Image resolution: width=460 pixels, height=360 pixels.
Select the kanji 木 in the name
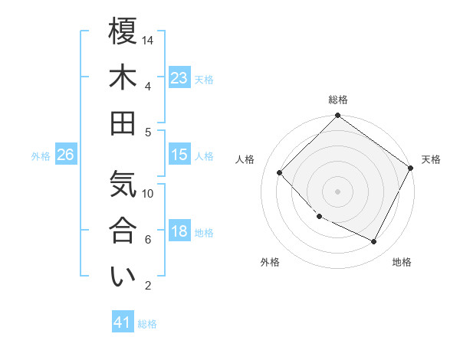click(x=123, y=77)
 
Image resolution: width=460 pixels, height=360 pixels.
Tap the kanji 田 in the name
click(x=123, y=123)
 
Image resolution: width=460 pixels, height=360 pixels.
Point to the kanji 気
click(x=123, y=185)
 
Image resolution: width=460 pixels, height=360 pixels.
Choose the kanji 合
click(x=123, y=231)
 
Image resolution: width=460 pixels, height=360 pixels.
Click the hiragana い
click(x=123, y=277)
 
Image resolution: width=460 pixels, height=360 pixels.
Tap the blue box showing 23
click(x=179, y=78)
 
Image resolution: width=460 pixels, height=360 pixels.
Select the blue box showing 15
click(x=179, y=155)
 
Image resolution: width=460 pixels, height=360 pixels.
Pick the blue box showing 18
click(x=179, y=231)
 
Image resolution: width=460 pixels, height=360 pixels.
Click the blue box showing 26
click(x=65, y=155)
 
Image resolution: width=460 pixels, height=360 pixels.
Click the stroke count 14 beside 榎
click(x=149, y=40)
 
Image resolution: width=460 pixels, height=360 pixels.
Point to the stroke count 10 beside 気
click(x=149, y=193)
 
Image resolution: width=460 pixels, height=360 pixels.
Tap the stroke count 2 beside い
click(x=147, y=286)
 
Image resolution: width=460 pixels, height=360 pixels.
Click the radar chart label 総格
click(x=338, y=100)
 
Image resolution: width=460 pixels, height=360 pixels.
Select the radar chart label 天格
click(x=431, y=159)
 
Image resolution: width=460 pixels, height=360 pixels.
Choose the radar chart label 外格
click(x=270, y=262)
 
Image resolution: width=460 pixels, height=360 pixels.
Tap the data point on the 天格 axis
click(x=410, y=168)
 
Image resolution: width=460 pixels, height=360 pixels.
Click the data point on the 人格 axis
click(x=280, y=172)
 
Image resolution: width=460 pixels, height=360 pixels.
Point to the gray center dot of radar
click(x=337, y=191)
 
